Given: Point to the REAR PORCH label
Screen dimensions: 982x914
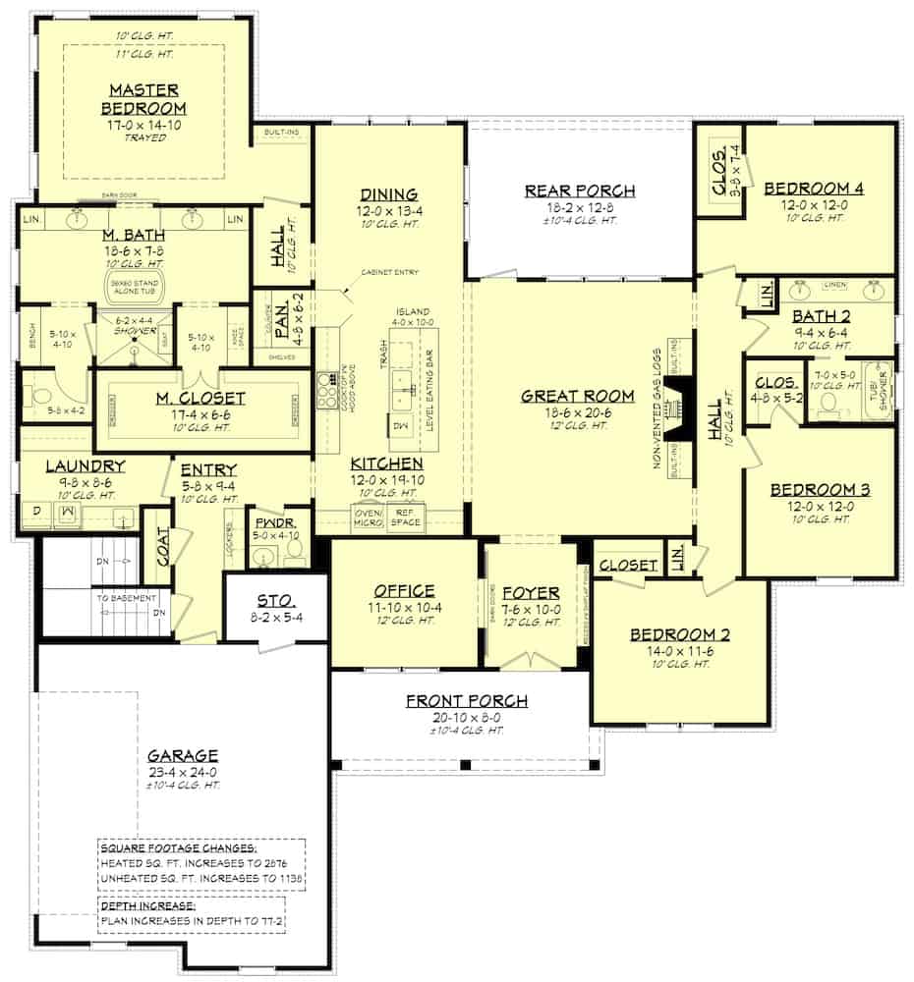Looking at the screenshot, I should tap(580, 191).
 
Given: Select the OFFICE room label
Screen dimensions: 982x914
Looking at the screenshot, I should tap(403, 590).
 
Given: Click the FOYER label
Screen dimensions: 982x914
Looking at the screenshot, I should tap(531, 593).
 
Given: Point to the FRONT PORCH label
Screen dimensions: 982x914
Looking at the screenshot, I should tap(467, 700).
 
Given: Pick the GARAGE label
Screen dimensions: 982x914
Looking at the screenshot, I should tap(182, 755).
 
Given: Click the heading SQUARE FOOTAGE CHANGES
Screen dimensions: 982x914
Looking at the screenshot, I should tap(179, 847).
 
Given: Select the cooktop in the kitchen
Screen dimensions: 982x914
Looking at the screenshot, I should tap(326, 384).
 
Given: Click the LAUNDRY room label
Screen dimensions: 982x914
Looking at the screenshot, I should tap(86, 465).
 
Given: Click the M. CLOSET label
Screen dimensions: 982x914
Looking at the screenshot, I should tap(200, 398).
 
